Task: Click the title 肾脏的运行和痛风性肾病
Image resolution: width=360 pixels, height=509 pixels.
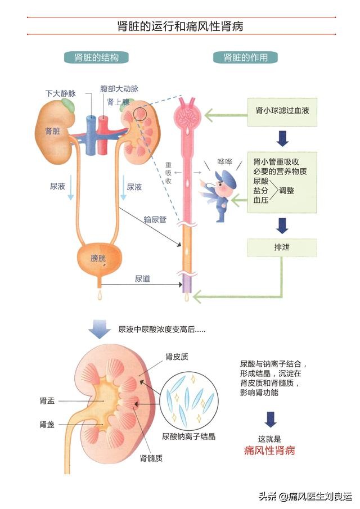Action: pos(180,26)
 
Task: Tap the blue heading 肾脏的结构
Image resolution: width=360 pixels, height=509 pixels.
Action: pos(97,57)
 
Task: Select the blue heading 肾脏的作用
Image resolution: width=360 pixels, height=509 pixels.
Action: pos(245,57)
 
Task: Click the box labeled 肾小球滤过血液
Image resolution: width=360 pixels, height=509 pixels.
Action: pos(282,110)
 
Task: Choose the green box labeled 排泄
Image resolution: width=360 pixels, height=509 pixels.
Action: pos(282,247)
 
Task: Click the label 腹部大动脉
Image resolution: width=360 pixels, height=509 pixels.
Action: pos(119,89)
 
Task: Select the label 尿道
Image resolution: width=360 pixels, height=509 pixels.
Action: pos(142,278)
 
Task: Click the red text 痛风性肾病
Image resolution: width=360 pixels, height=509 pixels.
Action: pos(269,450)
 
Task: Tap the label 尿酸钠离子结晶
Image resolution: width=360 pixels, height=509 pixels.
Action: pos(188,436)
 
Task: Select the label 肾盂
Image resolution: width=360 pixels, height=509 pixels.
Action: pos(47,400)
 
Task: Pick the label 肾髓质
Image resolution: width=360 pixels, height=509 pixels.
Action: pos(151,458)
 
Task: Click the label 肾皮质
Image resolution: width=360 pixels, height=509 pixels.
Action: pos(177,356)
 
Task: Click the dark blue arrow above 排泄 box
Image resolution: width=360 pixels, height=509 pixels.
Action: pos(282,226)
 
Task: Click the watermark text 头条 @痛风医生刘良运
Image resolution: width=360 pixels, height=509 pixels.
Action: pos(305,496)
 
